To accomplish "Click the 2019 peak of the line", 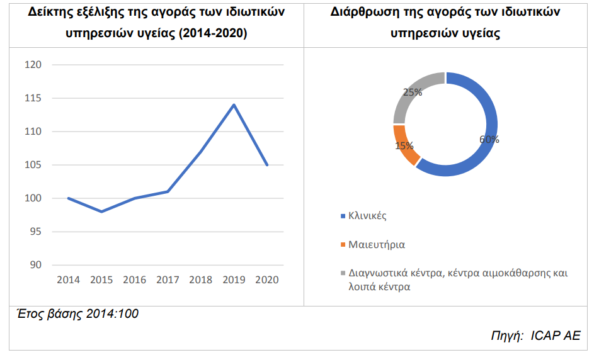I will [x=234, y=104].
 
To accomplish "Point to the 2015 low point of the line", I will [x=101, y=211].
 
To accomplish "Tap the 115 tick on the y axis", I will [x=32, y=98].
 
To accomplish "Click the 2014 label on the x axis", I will [x=68, y=279].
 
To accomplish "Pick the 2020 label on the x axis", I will [x=268, y=279].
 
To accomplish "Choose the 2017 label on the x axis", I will [x=168, y=279].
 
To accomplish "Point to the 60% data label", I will [x=489, y=140].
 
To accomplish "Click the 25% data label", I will [x=412, y=92].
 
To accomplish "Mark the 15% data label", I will [x=404, y=146].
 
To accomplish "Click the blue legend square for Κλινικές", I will [x=343, y=216].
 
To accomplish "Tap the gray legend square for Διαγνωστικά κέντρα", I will [x=343, y=274].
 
